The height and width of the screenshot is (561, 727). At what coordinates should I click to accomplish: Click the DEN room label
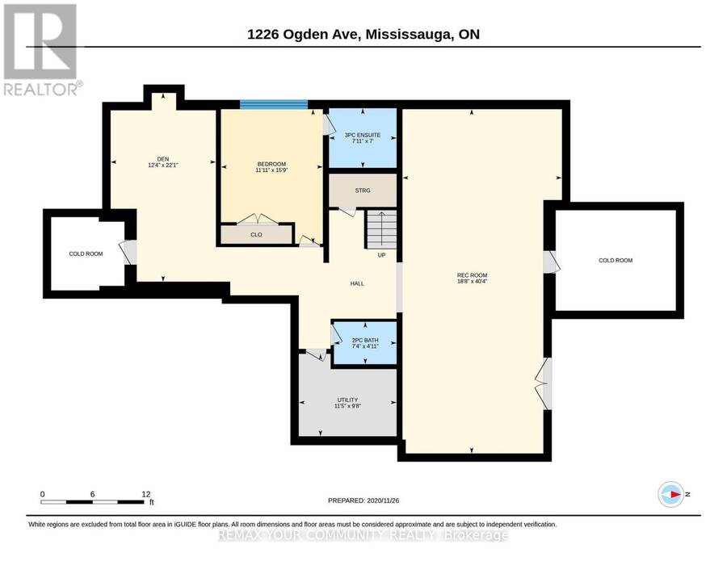point(162,159)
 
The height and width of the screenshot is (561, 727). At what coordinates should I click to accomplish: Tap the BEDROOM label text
point(271,164)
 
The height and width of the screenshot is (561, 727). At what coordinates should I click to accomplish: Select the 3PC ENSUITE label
point(363,135)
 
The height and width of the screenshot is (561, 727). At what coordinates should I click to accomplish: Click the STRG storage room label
point(363,190)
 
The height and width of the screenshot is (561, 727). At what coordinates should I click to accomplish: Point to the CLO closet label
point(256,235)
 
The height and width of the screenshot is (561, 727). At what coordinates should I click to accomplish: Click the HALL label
point(357,283)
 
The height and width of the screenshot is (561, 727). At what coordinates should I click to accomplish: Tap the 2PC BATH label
point(365,340)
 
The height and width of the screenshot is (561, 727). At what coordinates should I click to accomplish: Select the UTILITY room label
point(347,400)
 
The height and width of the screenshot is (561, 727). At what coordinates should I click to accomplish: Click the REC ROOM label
point(472,275)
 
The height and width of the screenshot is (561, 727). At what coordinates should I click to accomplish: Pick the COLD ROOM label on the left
point(86,254)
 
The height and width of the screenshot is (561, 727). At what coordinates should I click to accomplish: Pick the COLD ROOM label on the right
point(616,261)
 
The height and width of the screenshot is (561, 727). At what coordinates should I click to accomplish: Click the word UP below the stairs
point(381,255)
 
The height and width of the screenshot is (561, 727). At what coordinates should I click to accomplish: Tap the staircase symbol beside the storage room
point(381,229)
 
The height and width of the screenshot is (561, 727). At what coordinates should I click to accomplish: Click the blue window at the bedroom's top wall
point(274,104)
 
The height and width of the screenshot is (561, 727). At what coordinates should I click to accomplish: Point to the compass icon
point(671,494)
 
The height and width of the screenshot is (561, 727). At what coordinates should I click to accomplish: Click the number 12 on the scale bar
point(145,494)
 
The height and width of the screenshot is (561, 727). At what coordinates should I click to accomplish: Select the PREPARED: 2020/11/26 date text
point(363,500)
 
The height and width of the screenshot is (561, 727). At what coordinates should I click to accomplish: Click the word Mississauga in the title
point(409,34)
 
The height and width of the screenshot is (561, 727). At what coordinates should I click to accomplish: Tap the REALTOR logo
point(43,49)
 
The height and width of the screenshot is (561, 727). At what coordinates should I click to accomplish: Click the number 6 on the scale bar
point(93,494)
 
